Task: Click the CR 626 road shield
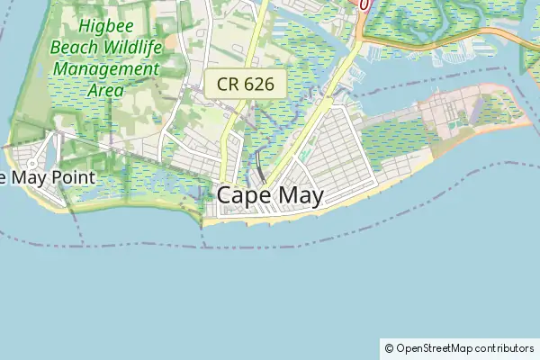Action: pyautogui.click(x=245, y=85)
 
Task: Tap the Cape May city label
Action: pyautogui.click(x=270, y=196)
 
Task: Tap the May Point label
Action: pyautogui.click(x=45, y=176)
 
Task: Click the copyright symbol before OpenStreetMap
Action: pyautogui.click(x=389, y=348)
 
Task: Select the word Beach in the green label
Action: pyautogui.click(x=75, y=48)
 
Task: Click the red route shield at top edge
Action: pyautogui.click(x=364, y=4)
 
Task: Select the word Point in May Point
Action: pyautogui.click(x=72, y=176)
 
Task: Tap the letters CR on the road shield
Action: pyautogui.click(x=228, y=85)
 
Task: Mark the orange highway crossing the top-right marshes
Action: pyautogui.click(x=450, y=43)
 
